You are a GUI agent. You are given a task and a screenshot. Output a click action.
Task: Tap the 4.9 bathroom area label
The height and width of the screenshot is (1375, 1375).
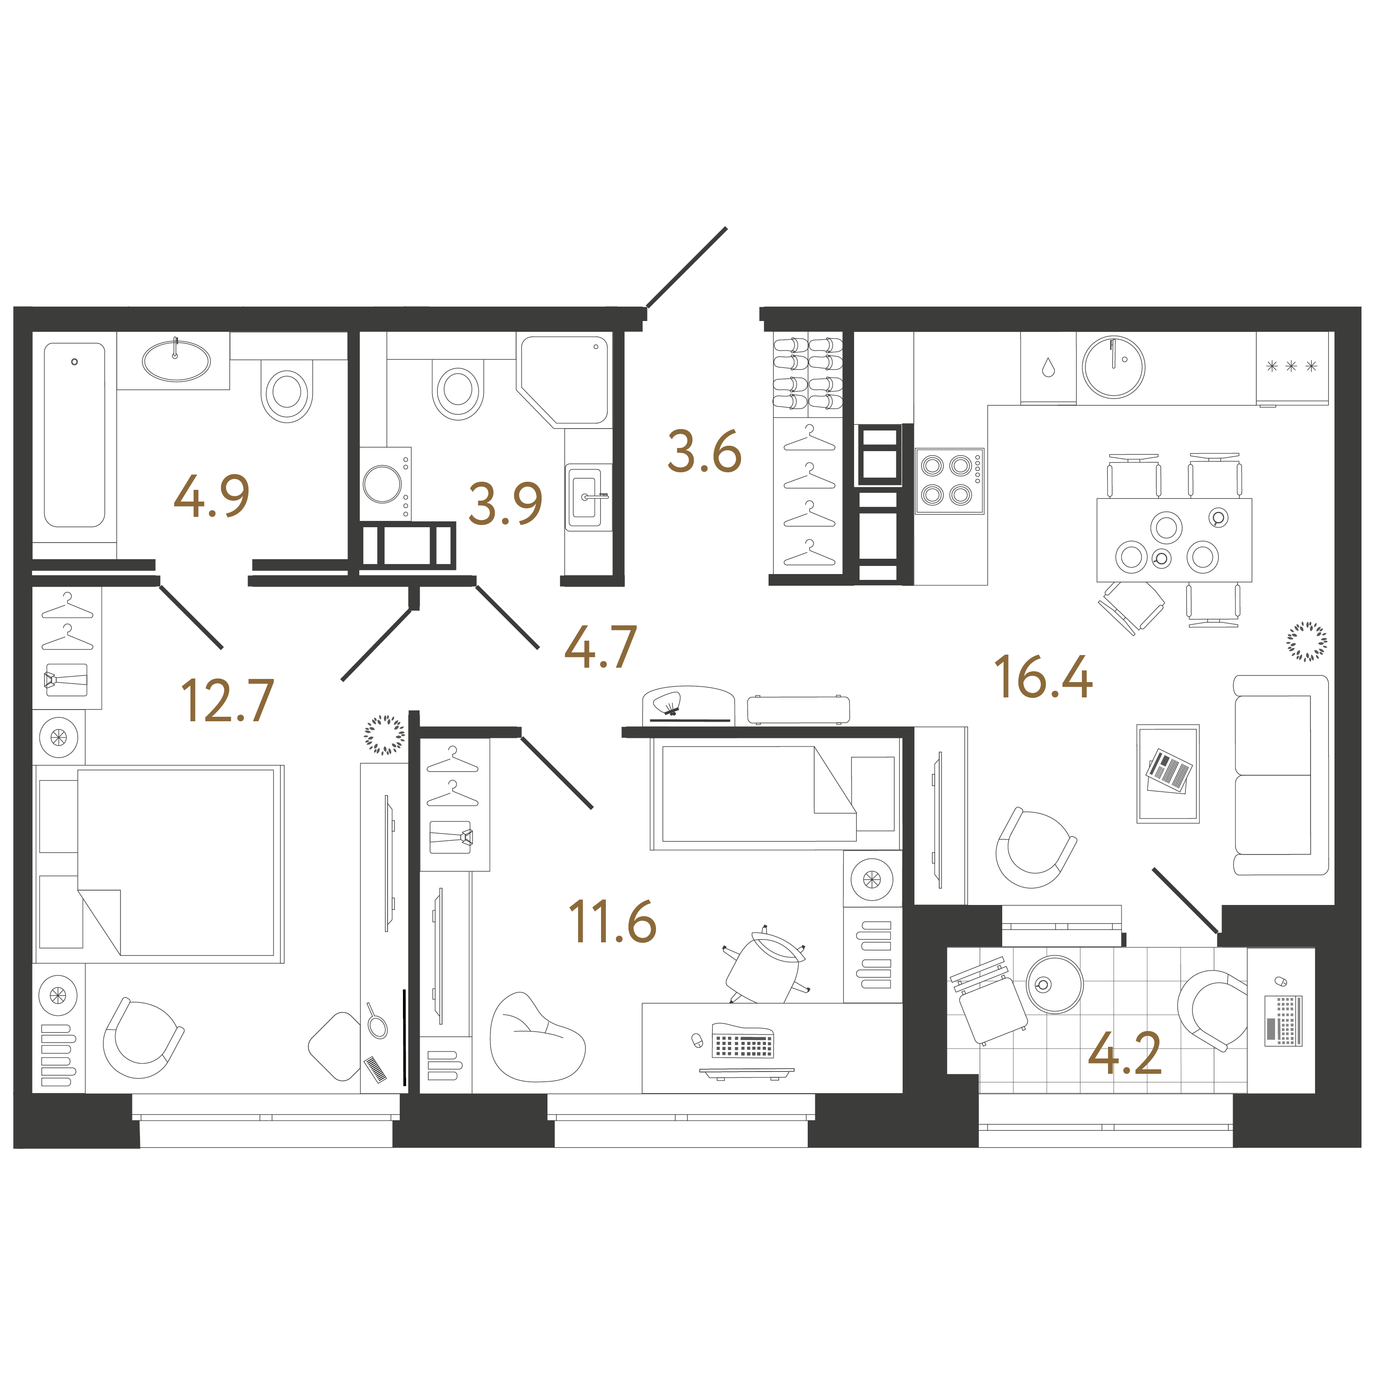(211, 496)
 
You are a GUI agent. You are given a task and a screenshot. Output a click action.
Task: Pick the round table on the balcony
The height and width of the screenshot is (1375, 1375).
(1054, 984)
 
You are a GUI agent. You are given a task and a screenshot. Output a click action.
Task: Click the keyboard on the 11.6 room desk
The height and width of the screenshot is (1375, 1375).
(742, 1041)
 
